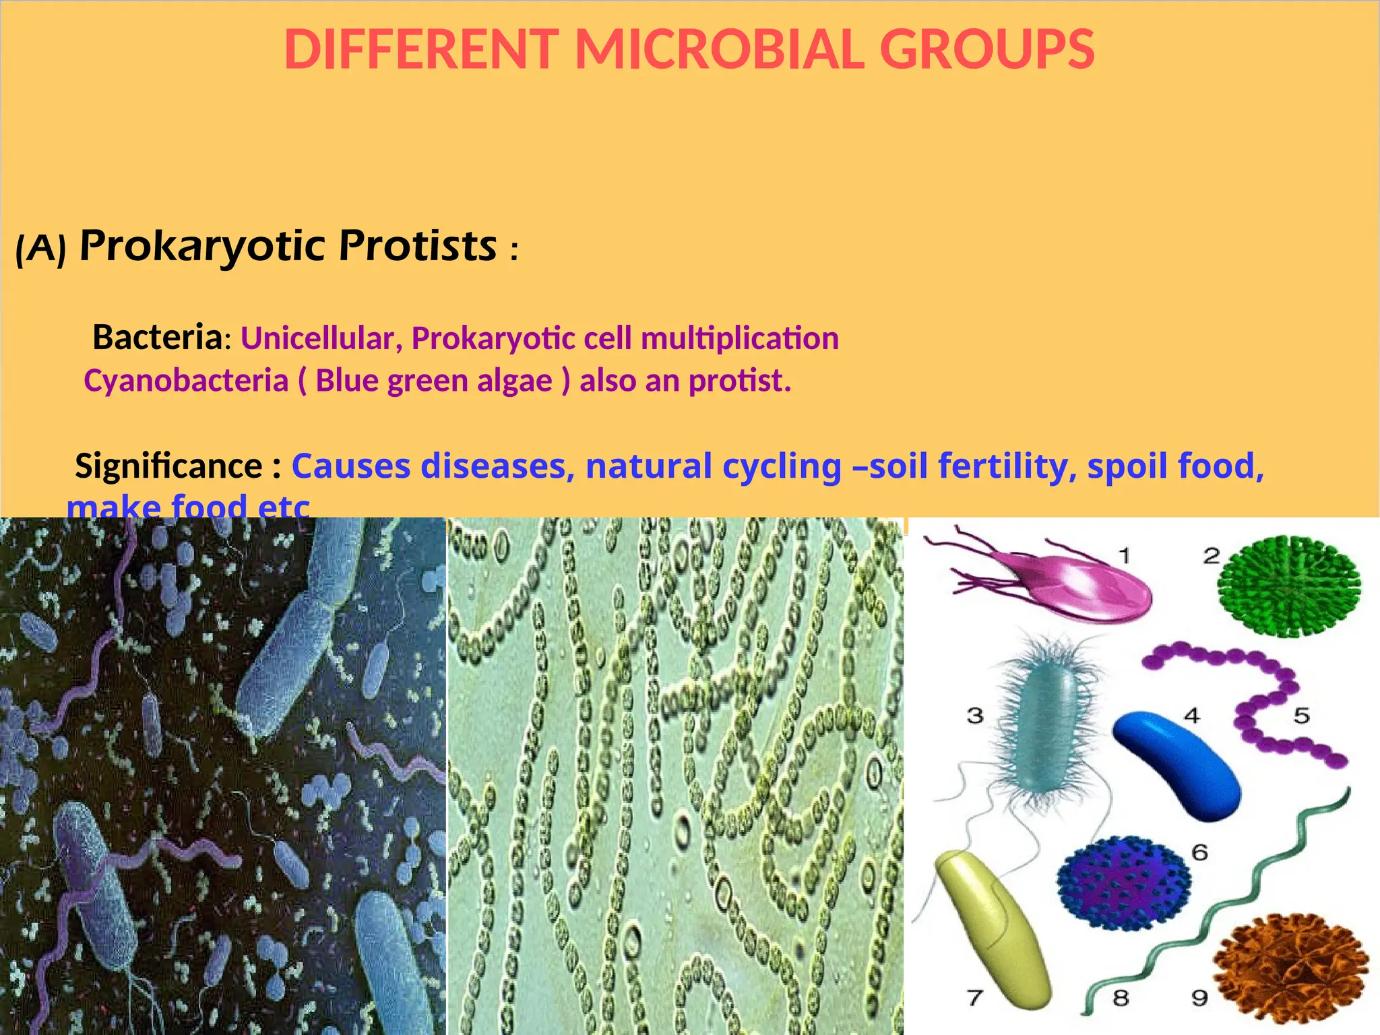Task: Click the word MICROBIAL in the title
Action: pyautogui.click(x=719, y=49)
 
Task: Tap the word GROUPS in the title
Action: pyautogui.click(x=987, y=49)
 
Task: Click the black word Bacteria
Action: pyautogui.click(x=157, y=337)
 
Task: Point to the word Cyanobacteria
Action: pyautogui.click(x=186, y=381)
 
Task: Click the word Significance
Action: pyautogui.click(x=168, y=466)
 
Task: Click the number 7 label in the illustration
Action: pyautogui.click(x=975, y=997)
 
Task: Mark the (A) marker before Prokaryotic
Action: pyautogui.click(x=41, y=249)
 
